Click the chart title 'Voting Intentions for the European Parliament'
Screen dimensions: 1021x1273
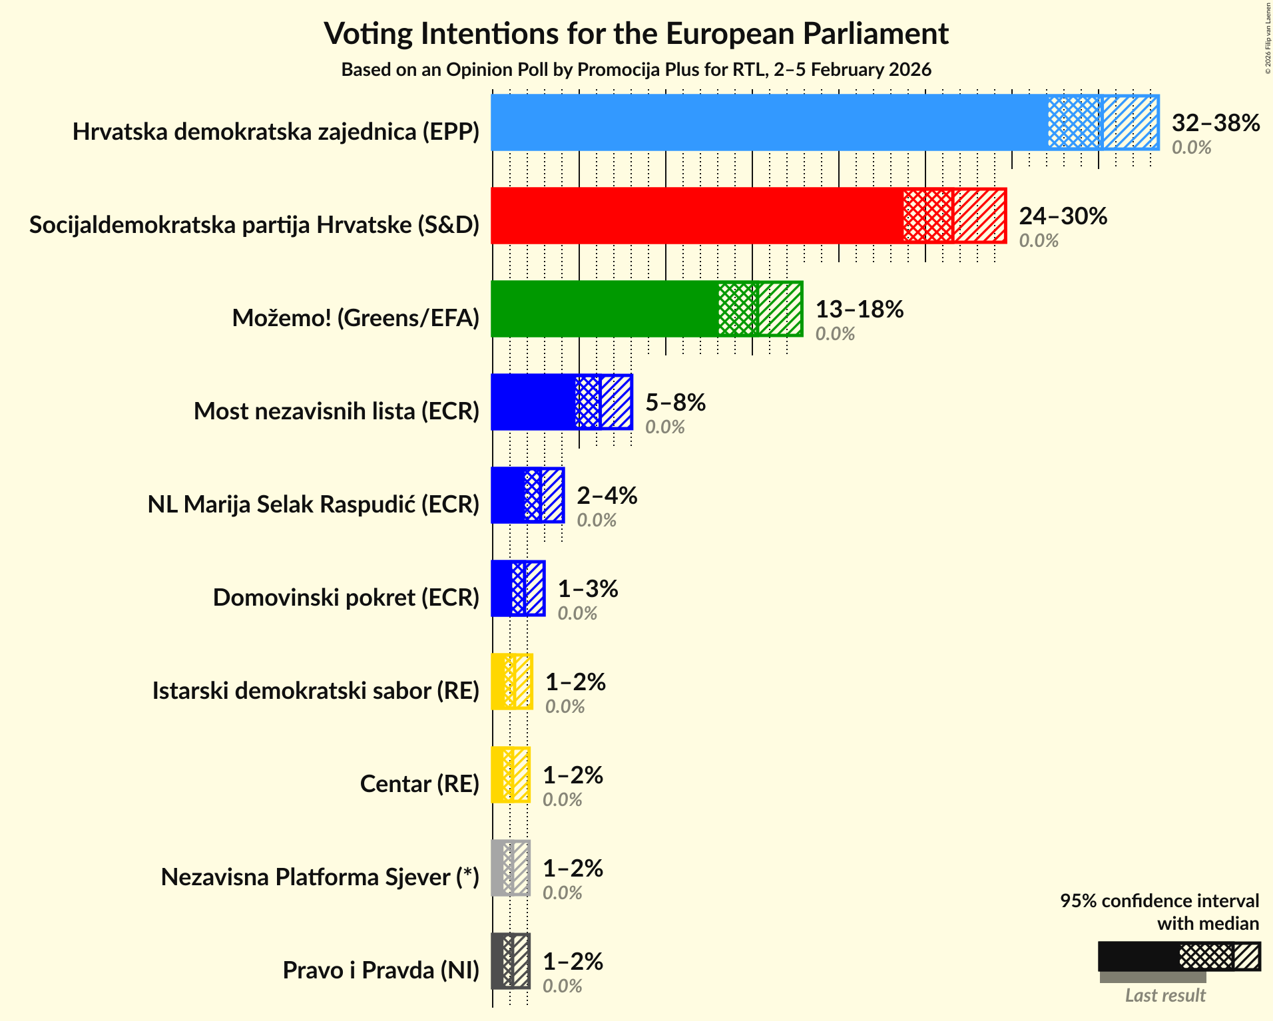(x=636, y=34)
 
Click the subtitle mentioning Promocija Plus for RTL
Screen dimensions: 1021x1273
(x=636, y=70)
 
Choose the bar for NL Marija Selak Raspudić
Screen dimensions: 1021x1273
(x=527, y=495)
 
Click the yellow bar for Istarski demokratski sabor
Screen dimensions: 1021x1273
(x=511, y=682)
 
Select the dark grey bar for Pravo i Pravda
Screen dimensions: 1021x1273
(x=510, y=961)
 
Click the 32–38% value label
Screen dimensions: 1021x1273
(x=1215, y=123)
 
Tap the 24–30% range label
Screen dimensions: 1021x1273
(x=1063, y=216)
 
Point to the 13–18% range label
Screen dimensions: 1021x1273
(x=859, y=309)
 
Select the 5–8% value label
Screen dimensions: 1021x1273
(x=675, y=403)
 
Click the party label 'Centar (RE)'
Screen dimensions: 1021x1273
(x=419, y=784)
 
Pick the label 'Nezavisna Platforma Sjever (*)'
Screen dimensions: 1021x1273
(x=320, y=877)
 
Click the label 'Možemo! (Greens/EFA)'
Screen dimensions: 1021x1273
(x=356, y=318)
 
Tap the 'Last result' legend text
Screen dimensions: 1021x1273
(x=1164, y=995)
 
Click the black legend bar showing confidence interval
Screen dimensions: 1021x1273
(x=1178, y=956)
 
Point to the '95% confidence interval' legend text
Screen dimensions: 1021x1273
(x=1159, y=901)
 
